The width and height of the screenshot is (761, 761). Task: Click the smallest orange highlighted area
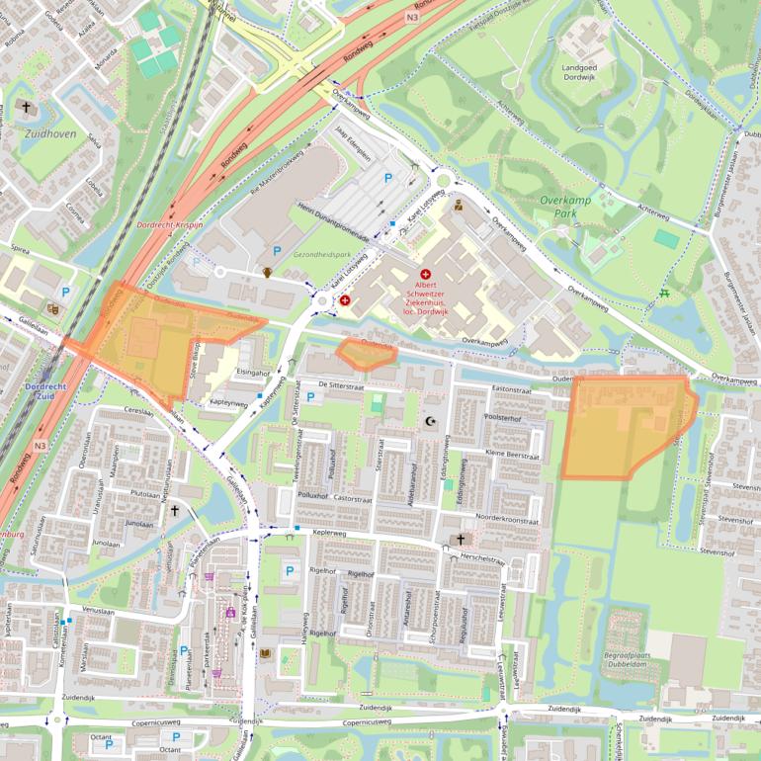367,353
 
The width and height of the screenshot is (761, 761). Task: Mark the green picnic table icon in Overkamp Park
663,293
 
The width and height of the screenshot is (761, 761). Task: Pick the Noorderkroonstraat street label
507,519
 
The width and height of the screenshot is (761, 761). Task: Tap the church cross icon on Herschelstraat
460,540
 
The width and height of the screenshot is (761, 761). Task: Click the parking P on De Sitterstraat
310,397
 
